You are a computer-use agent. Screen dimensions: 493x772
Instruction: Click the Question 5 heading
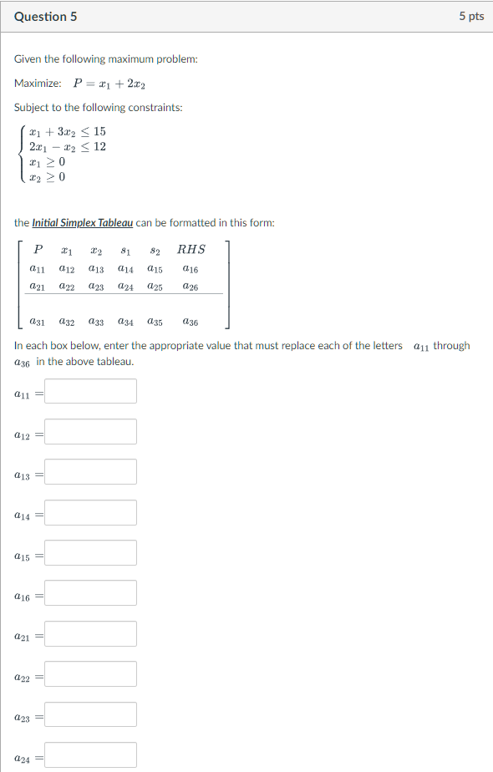pos(46,17)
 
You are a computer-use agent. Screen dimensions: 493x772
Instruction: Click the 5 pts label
pos(471,17)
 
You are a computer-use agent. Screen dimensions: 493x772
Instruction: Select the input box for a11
pos(90,391)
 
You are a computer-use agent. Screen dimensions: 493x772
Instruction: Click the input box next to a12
pos(90,432)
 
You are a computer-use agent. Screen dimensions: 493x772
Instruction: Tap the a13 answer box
pos(90,472)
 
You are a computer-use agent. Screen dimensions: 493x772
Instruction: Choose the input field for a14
pos(90,513)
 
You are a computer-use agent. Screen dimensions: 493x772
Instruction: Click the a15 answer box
pos(90,553)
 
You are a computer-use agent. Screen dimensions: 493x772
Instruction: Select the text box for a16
pos(90,593)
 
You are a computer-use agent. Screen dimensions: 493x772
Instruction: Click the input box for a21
pos(90,634)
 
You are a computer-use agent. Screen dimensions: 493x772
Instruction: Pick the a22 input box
pos(90,674)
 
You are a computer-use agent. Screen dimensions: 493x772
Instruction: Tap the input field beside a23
pos(90,715)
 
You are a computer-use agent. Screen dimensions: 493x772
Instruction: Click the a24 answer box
pos(90,755)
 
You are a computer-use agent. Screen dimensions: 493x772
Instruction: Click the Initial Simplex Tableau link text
pos(82,223)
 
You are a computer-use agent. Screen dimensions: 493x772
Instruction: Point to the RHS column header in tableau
pos(191,249)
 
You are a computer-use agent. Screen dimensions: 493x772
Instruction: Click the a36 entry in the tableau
pos(191,321)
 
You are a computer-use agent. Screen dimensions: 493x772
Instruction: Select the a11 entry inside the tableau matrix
pos(38,269)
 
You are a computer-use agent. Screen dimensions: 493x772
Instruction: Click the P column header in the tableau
pos(38,249)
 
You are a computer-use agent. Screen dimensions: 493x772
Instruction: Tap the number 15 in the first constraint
pos(99,132)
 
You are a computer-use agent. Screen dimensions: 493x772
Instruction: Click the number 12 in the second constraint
pos(99,147)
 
